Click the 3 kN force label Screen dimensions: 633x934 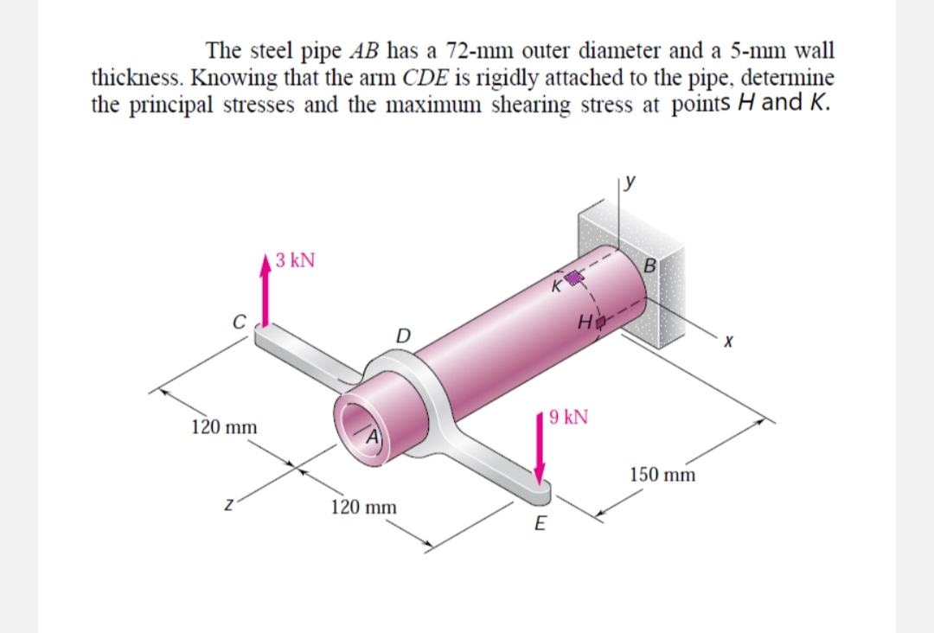pos(296,259)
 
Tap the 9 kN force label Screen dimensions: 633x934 pos(568,418)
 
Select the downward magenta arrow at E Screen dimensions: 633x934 pos(541,449)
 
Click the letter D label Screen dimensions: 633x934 pos(401,333)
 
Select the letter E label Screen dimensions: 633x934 pos(541,522)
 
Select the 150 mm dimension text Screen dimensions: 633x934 pos(663,475)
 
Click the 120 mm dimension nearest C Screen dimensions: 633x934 pos(224,427)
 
